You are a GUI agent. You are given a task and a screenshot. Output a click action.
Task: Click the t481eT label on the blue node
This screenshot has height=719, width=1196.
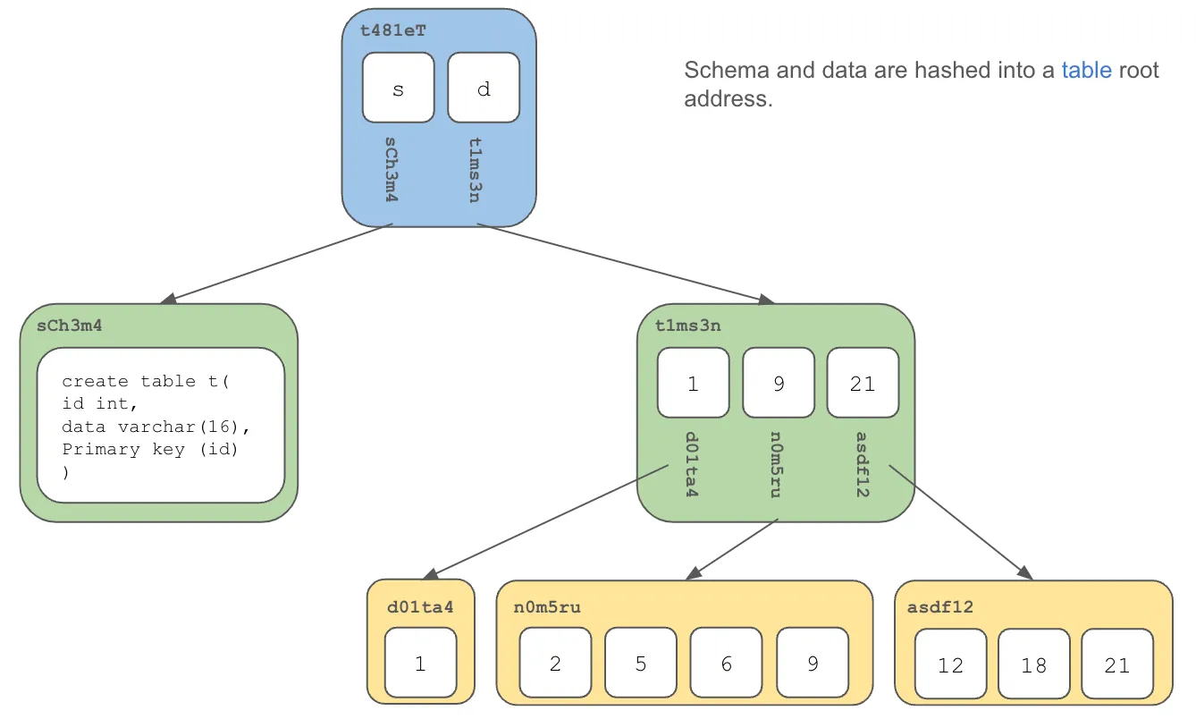tap(393, 30)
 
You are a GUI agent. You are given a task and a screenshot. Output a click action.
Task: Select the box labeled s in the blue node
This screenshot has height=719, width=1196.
tap(398, 88)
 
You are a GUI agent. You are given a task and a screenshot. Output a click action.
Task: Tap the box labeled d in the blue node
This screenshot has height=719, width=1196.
tap(484, 88)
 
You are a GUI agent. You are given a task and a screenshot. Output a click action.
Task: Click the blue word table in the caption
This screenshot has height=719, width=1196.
tap(1086, 71)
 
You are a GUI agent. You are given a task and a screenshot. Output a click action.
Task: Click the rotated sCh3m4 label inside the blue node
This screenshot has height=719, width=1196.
tap(391, 169)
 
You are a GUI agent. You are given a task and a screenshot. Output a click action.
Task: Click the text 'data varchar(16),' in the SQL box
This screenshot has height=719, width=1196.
tap(156, 427)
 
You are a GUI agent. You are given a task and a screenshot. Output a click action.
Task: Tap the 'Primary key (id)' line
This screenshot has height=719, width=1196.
tap(150, 449)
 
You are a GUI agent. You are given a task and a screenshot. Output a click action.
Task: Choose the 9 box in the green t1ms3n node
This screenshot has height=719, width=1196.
tap(778, 383)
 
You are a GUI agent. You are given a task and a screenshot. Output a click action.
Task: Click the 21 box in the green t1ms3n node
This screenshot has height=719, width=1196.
tap(863, 383)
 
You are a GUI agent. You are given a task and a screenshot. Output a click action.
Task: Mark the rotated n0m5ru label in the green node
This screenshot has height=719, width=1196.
tap(774, 464)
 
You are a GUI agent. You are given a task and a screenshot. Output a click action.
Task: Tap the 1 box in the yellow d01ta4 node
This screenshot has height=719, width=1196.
tap(420, 664)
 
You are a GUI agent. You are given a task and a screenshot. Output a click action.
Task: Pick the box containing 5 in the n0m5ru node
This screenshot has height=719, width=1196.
tap(641, 664)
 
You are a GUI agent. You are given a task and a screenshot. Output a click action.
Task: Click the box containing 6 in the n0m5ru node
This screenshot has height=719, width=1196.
tap(726, 664)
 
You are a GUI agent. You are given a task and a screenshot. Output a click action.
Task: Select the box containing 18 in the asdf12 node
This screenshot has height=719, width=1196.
tap(1034, 664)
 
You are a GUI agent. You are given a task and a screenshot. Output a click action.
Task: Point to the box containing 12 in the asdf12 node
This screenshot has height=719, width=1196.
tap(950, 664)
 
